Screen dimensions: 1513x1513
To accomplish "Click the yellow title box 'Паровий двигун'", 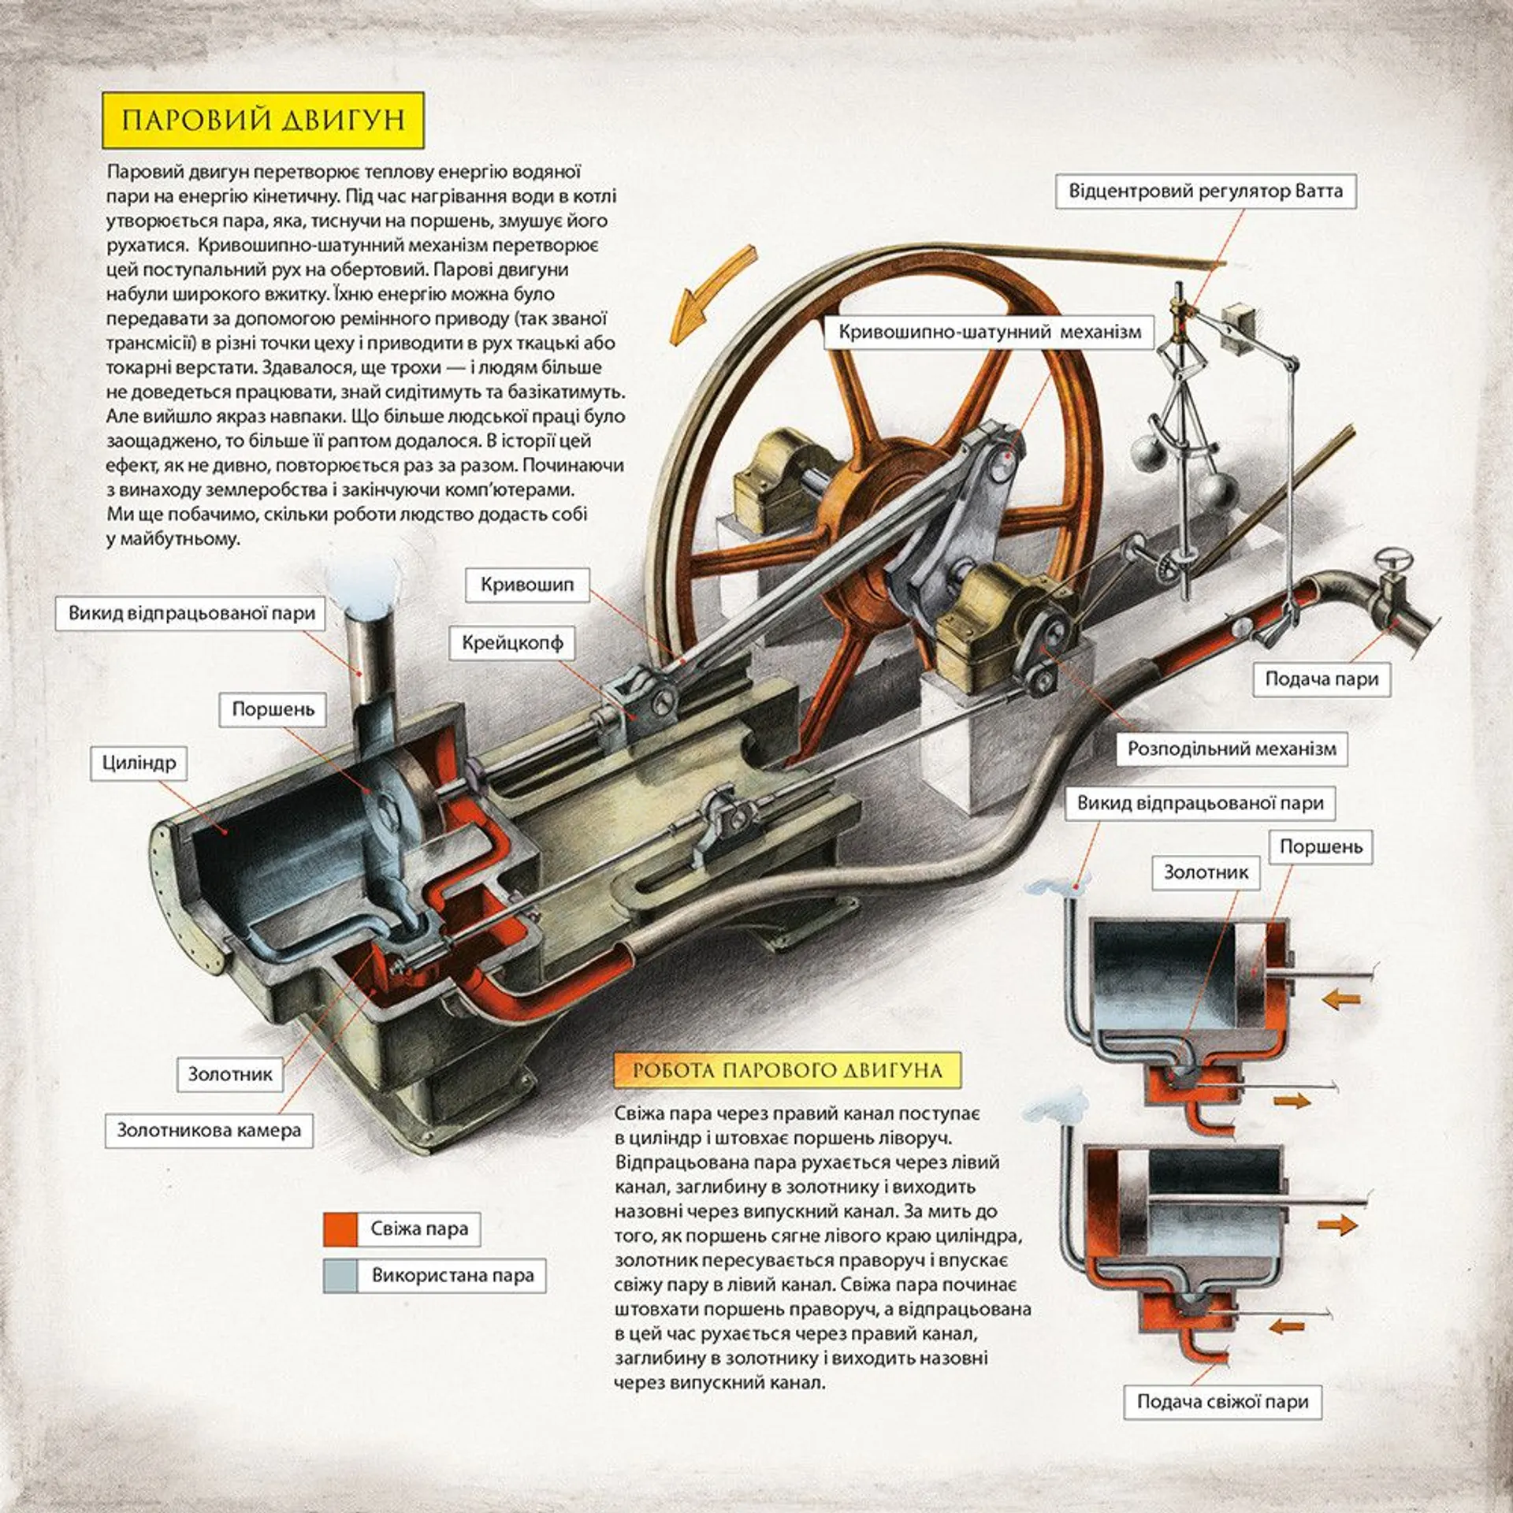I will (x=263, y=120).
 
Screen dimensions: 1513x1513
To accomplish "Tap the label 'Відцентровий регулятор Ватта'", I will (x=1205, y=191).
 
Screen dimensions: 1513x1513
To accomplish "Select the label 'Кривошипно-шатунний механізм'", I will (x=989, y=332).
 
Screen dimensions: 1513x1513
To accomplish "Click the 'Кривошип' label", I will (x=527, y=585).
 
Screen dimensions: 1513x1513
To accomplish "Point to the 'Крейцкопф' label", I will (x=513, y=643).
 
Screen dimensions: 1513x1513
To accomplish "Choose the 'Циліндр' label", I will (x=139, y=763).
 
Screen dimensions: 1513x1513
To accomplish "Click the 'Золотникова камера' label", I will (x=209, y=1130).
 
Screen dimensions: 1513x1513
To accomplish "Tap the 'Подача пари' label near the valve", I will (x=1322, y=678).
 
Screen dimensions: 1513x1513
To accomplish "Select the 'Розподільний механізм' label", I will (x=1232, y=749).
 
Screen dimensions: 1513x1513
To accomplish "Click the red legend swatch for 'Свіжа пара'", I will (x=340, y=1229).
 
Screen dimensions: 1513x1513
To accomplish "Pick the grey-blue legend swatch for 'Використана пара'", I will (x=340, y=1276).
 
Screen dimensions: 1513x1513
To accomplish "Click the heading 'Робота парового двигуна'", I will (x=787, y=1070).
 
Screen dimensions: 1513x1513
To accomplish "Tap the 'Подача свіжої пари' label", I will (x=1222, y=1402).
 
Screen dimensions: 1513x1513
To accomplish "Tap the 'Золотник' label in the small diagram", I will (x=1206, y=872).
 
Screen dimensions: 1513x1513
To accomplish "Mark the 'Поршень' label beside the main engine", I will (x=273, y=709).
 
